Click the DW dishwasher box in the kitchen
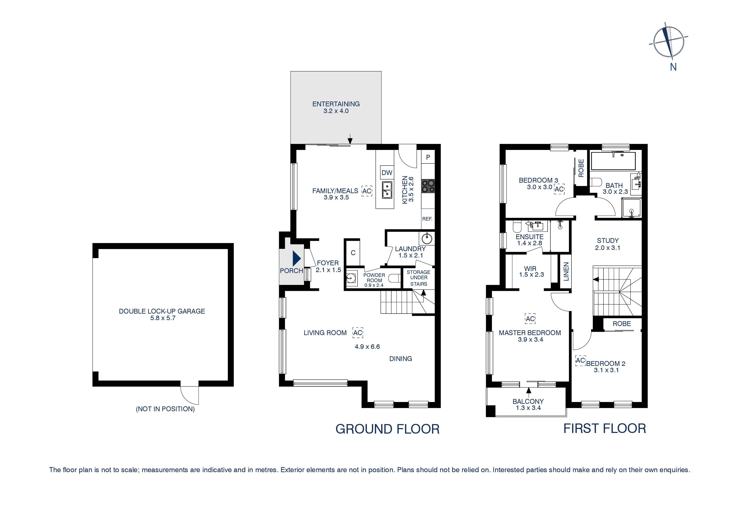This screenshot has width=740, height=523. [387, 173]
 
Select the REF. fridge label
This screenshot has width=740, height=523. [427, 219]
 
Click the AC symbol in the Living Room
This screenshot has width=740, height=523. [358, 333]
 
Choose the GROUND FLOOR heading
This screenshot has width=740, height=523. [388, 429]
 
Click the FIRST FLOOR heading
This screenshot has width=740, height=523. [605, 429]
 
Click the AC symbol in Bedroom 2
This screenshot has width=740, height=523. [580, 361]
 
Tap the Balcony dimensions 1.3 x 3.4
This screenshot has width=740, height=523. [528, 408]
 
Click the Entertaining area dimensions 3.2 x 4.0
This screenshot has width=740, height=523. [336, 111]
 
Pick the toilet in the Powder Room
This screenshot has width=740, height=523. [394, 278]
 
